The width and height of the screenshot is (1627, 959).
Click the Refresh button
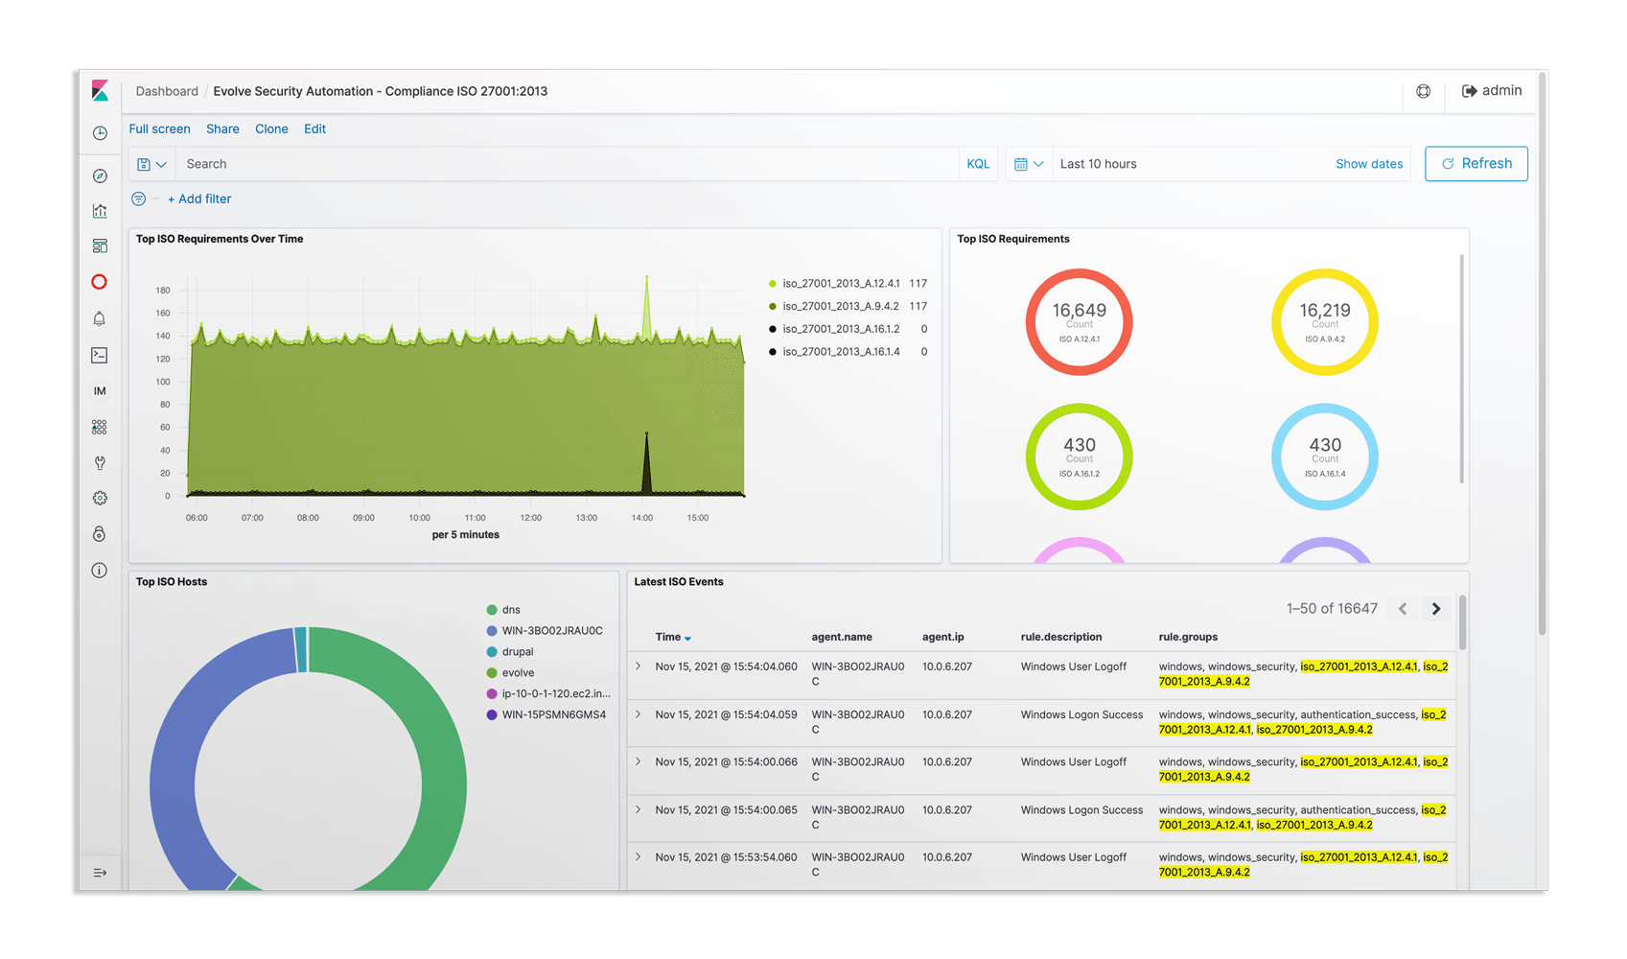coord(1476,163)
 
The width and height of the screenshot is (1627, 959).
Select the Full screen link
coord(160,129)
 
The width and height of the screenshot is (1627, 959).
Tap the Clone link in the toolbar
coord(271,129)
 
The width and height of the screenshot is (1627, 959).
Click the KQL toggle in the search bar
coord(978,164)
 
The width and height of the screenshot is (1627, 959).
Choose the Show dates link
coord(1369,164)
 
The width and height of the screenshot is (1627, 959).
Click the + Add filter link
coord(199,199)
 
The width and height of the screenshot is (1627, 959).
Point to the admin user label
coord(1501,91)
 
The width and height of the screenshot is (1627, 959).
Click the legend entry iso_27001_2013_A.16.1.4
coord(841,352)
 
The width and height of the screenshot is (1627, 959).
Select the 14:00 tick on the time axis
coord(642,518)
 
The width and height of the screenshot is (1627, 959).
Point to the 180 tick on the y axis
coord(163,291)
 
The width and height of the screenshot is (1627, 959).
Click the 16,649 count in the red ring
coord(1080,310)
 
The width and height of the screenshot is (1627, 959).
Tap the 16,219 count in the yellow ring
coord(1325,310)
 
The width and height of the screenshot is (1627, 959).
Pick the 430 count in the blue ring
coord(1325,445)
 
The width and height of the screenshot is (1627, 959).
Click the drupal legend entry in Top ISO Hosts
coord(518,652)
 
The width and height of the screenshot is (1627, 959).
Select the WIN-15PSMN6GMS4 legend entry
coord(553,714)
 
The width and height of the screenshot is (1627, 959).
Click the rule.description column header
coord(1061,637)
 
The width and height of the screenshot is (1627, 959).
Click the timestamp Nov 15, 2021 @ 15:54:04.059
coord(727,714)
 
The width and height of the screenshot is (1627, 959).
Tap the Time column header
coord(668,637)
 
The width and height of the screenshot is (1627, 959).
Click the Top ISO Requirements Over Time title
coord(220,239)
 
